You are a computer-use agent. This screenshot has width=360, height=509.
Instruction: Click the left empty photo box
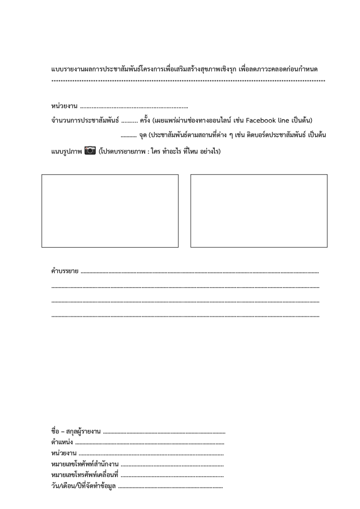(110, 211)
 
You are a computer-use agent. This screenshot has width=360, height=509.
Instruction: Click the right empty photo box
(259, 211)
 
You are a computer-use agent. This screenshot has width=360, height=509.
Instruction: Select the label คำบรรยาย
(65, 271)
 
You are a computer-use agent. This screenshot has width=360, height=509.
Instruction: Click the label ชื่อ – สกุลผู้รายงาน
(76, 432)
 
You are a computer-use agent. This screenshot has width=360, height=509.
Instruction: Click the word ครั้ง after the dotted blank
(145, 121)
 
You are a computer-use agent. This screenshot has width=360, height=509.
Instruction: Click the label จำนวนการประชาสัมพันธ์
(85, 121)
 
